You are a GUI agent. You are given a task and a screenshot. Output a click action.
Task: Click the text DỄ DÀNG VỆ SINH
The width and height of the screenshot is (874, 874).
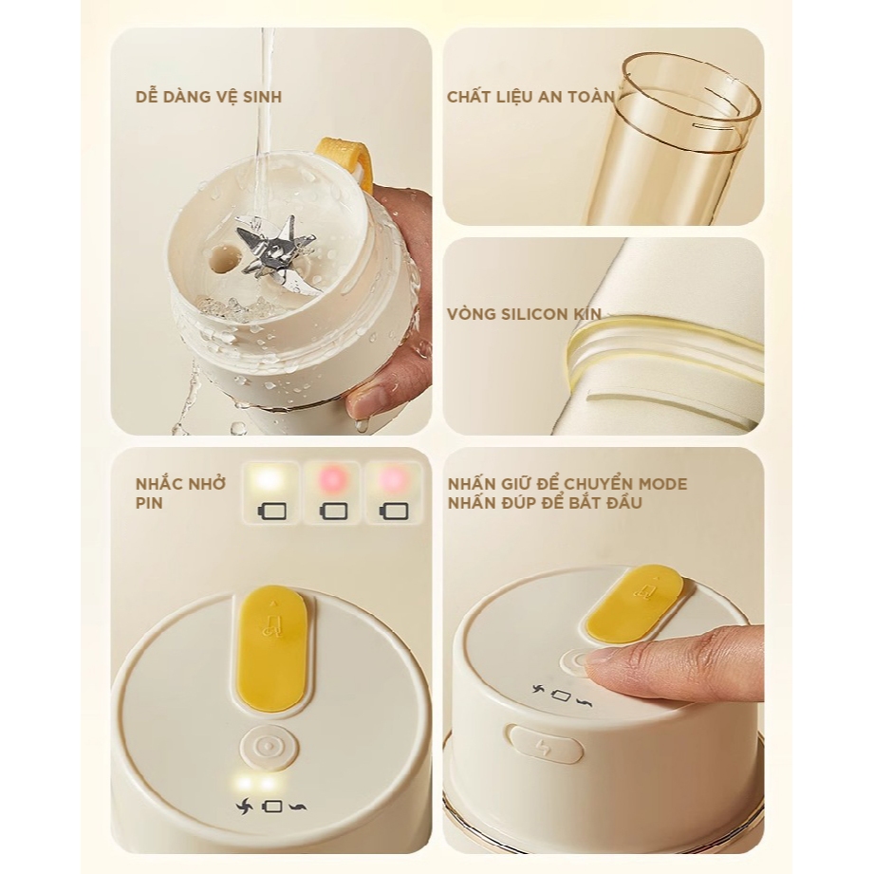[209, 97]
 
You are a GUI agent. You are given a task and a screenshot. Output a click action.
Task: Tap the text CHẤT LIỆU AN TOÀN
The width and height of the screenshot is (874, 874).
[530, 97]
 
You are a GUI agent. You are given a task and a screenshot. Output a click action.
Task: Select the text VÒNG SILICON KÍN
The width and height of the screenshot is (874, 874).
[524, 313]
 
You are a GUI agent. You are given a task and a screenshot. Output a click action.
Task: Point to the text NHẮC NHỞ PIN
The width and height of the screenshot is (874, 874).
[180, 493]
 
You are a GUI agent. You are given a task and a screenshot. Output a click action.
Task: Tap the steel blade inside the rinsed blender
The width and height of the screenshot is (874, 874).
[272, 248]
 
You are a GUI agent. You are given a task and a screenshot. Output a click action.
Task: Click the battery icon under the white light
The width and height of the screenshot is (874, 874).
[272, 511]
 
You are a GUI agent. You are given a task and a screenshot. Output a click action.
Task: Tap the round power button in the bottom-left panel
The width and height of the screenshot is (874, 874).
[269, 747]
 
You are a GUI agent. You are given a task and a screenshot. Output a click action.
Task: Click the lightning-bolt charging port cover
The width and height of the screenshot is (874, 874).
[547, 745]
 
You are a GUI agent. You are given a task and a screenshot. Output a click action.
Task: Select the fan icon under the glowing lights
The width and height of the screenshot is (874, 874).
[245, 806]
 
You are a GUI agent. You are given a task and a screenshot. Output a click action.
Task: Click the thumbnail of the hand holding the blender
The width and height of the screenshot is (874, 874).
[270, 232]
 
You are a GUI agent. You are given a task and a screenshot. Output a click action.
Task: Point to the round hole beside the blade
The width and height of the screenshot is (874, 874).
[221, 260]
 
